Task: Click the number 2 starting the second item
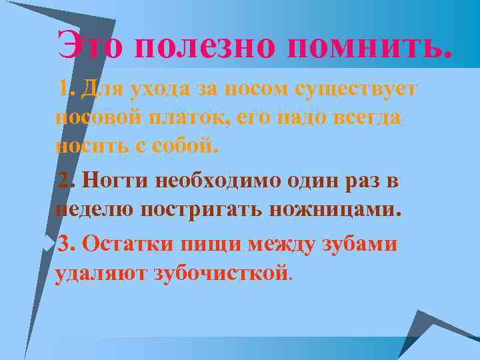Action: (x=65, y=181)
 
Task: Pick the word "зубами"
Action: (x=361, y=243)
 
